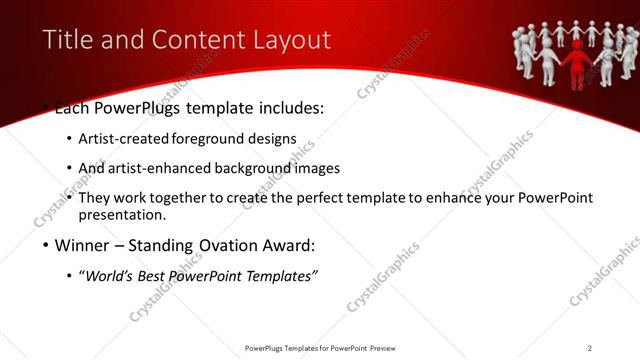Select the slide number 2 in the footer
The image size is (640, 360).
[x=589, y=348]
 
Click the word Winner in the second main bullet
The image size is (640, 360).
[x=86, y=244]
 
